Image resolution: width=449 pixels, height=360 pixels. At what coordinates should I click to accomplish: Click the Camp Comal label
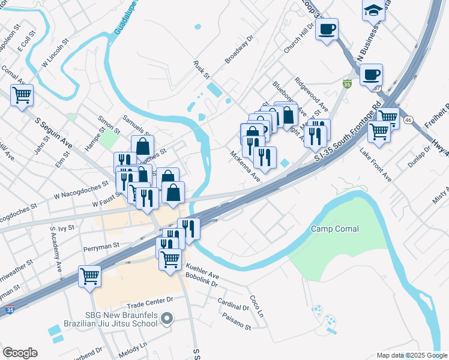[x=335, y=229]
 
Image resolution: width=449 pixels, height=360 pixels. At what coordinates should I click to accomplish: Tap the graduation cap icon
[x=373, y=10]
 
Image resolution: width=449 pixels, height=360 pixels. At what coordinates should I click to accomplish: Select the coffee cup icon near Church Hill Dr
[x=327, y=29]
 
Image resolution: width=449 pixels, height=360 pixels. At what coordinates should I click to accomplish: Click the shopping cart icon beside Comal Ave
[x=22, y=94]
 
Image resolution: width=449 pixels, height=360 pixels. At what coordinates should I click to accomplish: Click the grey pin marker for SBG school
[x=168, y=317]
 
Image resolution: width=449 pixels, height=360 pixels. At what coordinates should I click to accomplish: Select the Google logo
[x=20, y=353]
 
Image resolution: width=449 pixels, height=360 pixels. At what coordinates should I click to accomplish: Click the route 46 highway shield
[x=408, y=120]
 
